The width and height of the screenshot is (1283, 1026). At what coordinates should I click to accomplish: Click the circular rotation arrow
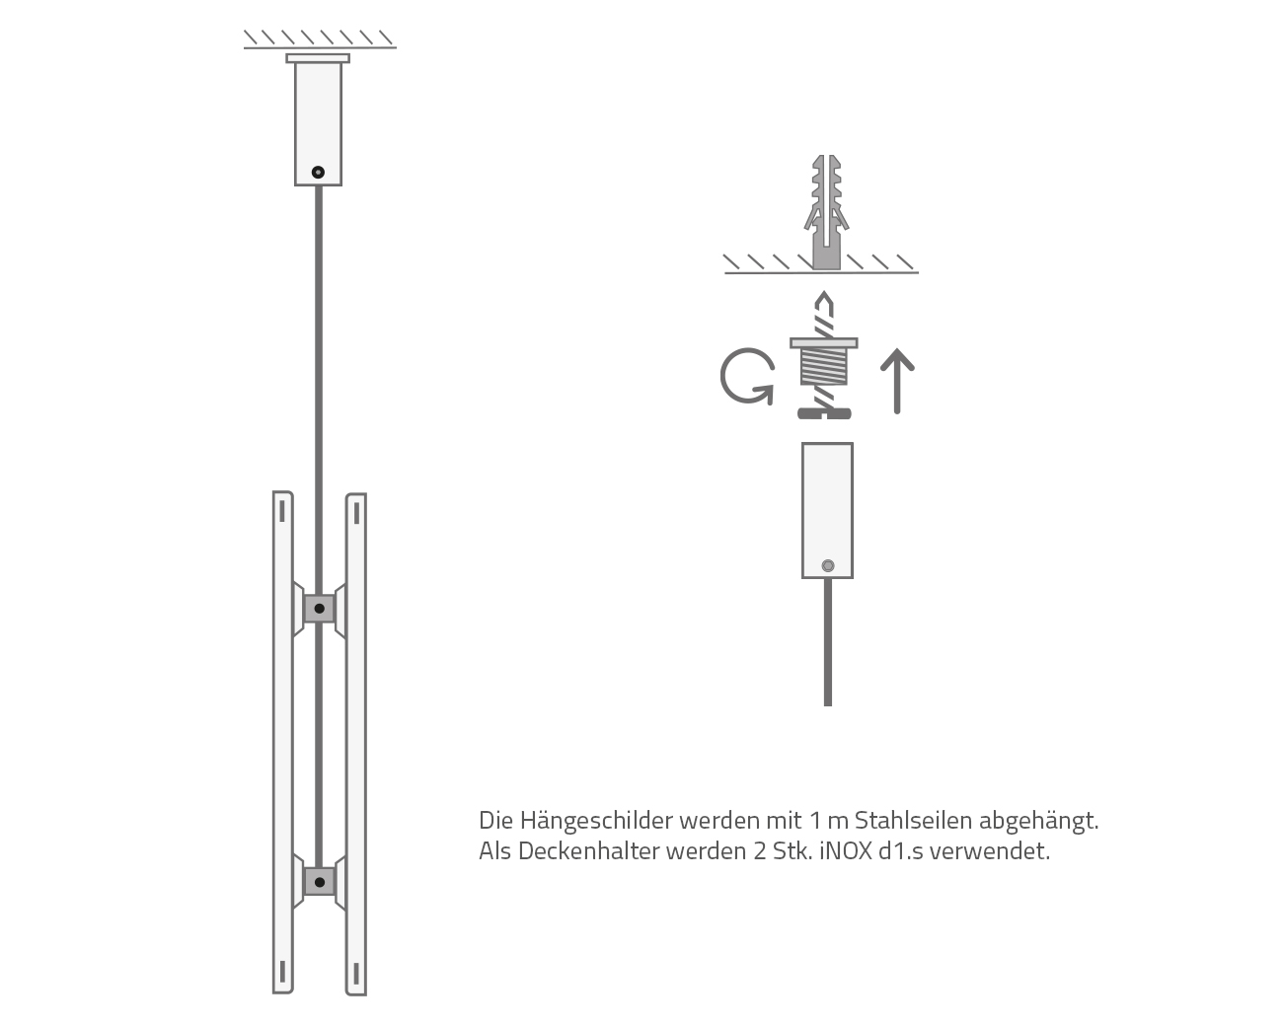pos(745,377)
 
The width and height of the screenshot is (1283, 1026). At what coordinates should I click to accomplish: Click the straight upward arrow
pos(896,381)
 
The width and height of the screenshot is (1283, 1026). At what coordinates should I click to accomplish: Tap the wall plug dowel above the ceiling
pos(826,211)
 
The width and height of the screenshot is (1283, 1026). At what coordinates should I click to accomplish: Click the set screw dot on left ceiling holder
pos(318,172)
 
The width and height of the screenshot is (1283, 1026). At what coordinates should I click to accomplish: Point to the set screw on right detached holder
pos(827,565)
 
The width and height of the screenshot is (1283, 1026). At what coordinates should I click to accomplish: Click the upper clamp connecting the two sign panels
pos(319,609)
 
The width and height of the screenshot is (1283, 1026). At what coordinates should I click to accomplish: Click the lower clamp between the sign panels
pos(319,880)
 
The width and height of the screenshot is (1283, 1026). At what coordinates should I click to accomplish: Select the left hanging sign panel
pos(283,740)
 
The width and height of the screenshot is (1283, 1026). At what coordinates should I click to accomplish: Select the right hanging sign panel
pos(355,740)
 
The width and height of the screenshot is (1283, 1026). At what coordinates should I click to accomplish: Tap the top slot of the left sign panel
pos(283,510)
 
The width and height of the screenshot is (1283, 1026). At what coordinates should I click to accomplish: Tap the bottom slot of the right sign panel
pos(355,974)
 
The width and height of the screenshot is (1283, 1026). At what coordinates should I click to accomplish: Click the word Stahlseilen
pos(914,821)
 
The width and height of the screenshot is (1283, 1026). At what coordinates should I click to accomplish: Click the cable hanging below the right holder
pos(827,641)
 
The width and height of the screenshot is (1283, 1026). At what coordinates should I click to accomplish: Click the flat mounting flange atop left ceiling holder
pos(318,58)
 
